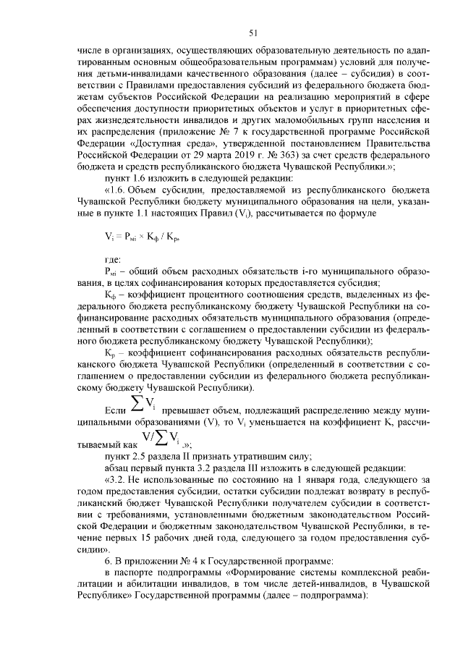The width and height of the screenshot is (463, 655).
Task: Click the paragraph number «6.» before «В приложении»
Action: tap(109, 562)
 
